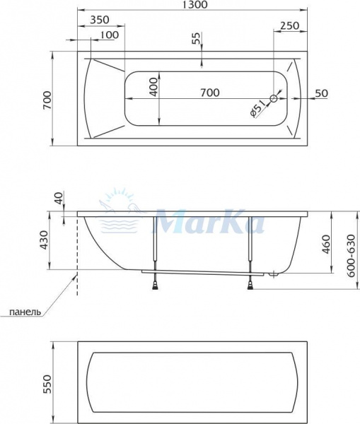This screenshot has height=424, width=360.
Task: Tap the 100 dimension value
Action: (108, 35)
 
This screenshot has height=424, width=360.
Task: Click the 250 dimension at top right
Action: (289, 25)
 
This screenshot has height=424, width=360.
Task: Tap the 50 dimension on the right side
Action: (322, 93)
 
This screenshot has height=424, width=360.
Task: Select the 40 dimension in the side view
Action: (58, 199)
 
